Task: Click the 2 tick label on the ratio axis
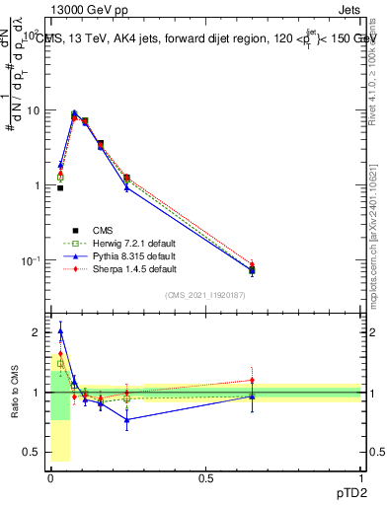coord(38,332)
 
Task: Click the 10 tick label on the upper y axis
coord(34,110)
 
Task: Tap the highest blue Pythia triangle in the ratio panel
coord(60,332)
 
